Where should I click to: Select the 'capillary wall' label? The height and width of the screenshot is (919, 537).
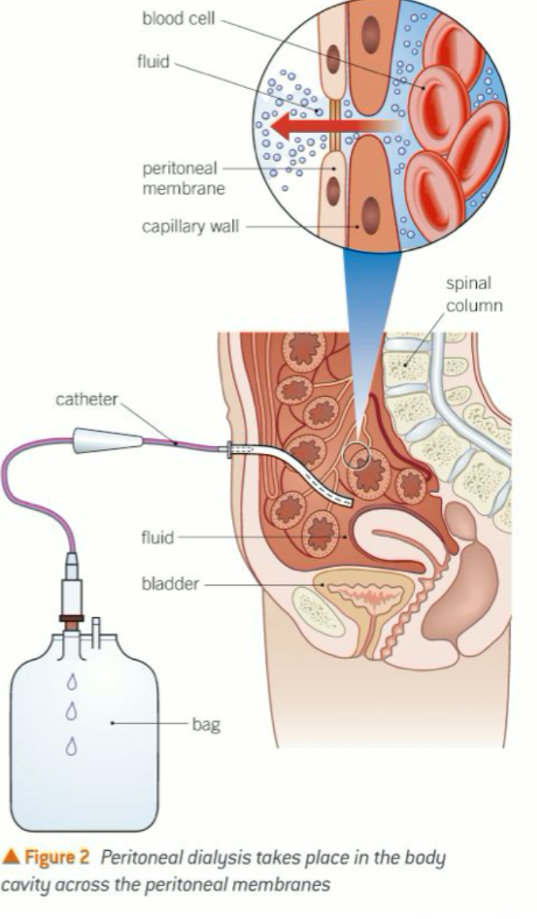coord(189,227)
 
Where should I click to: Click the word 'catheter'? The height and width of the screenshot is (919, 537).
coord(86,401)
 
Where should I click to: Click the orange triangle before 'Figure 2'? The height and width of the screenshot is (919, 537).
coord(10,857)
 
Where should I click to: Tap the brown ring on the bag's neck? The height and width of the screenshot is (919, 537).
coord(72,616)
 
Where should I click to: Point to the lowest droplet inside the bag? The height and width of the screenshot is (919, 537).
coord(72,745)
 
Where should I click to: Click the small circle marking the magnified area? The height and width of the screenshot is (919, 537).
coord(355,454)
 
